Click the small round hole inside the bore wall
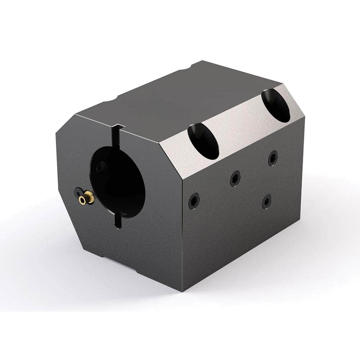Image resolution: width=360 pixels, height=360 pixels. tap(102, 166)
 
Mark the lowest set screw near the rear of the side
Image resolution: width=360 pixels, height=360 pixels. tap(267, 201)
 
